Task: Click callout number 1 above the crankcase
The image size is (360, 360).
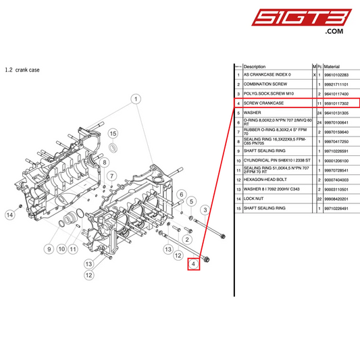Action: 136,99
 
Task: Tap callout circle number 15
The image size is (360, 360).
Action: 113,134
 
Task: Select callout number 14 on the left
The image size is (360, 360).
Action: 9,215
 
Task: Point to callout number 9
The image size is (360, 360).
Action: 49,249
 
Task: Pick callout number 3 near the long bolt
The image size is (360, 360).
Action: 205,211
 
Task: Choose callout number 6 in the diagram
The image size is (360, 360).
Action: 181,195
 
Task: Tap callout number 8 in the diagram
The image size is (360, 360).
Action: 105,162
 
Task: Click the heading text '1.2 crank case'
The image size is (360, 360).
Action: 22,70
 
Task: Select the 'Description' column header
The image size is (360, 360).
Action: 255,67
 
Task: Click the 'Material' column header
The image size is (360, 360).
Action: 332,67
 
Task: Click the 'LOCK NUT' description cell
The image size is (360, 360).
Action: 255,200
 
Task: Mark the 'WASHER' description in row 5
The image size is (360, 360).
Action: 252,112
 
